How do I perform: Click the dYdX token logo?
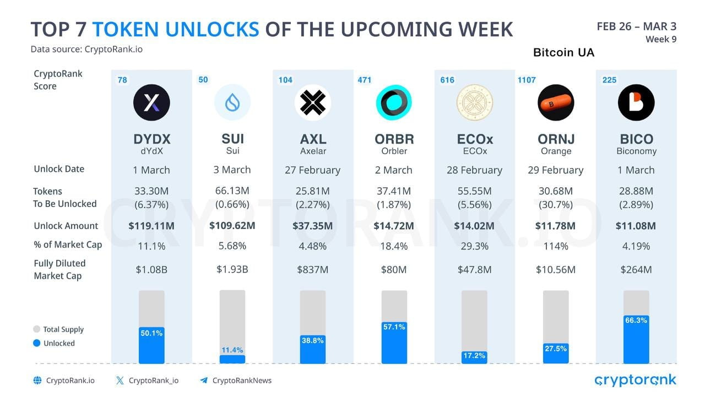click(151, 102)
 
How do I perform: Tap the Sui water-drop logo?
click(232, 102)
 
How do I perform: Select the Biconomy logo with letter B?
click(636, 102)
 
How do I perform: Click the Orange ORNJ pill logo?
click(555, 102)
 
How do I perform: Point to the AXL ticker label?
click(313, 139)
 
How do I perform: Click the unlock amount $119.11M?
click(151, 226)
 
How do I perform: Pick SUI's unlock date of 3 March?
click(232, 170)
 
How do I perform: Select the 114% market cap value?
click(555, 246)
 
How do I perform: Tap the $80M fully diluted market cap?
click(394, 270)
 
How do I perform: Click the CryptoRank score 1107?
click(527, 80)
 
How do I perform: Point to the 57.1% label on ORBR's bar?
click(394, 327)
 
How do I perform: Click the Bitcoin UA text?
click(563, 53)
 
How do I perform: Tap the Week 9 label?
click(660, 39)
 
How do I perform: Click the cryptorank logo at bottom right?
click(635, 380)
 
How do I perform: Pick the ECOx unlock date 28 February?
click(474, 170)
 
